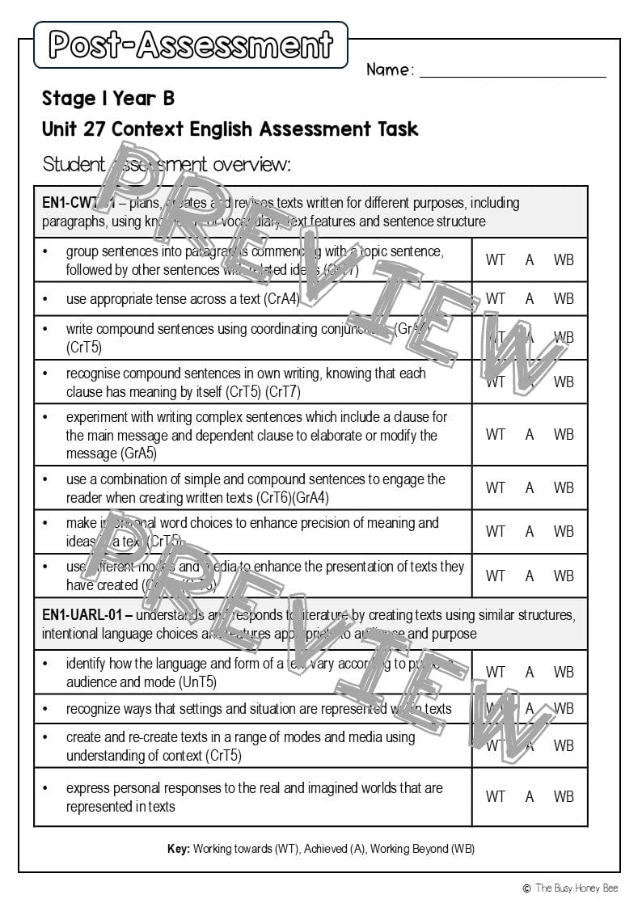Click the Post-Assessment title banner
point(191,44)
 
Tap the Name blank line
point(513,74)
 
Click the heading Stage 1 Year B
point(108,99)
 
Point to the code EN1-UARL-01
point(82,615)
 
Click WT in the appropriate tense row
point(495,299)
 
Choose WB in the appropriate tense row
point(564,299)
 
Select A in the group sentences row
point(530,259)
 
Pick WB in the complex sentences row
point(564,435)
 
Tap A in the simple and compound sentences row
point(530,487)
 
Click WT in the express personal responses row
point(495,796)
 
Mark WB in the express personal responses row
point(564,796)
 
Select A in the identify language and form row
point(530,672)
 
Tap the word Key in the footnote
point(177,849)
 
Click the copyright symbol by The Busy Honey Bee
point(526,888)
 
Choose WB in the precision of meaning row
point(564,531)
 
